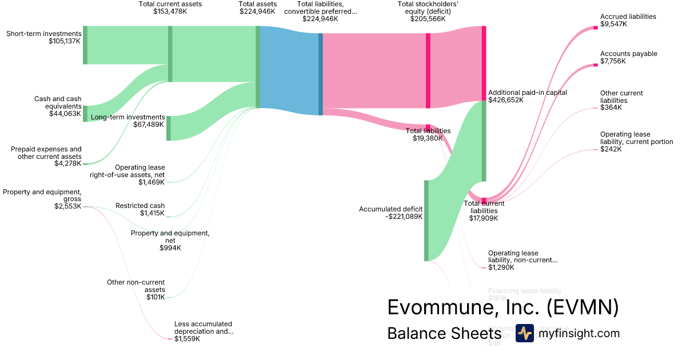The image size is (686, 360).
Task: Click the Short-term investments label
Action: (x=44, y=34)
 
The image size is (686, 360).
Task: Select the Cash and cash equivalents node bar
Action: (x=85, y=114)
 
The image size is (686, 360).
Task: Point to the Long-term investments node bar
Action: (x=169, y=128)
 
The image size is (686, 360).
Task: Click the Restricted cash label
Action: (x=140, y=206)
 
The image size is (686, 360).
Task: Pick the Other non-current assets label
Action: (x=136, y=282)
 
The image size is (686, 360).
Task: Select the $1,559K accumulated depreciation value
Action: (x=187, y=339)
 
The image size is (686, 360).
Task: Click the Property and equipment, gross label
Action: (x=42, y=192)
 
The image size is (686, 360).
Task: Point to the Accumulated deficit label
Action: (x=390, y=209)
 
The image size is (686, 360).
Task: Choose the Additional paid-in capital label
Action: (x=527, y=93)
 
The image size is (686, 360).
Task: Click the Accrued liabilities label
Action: (x=628, y=17)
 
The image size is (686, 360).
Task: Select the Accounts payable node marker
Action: (x=595, y=65)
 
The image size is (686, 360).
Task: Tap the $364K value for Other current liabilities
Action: (x=611, y=107)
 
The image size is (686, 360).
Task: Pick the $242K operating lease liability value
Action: (x=611, y=149)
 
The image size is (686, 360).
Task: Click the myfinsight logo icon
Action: (x=524, y=333)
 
